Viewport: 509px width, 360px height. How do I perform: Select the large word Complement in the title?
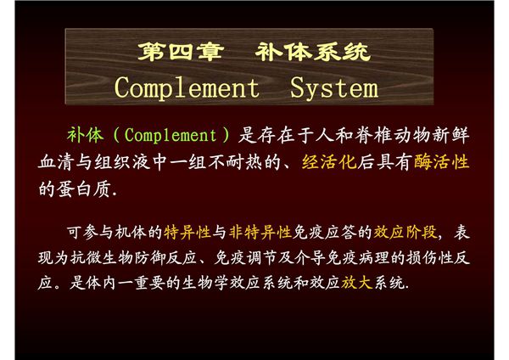point(187,87)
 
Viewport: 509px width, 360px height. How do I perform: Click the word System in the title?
point(333,87)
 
